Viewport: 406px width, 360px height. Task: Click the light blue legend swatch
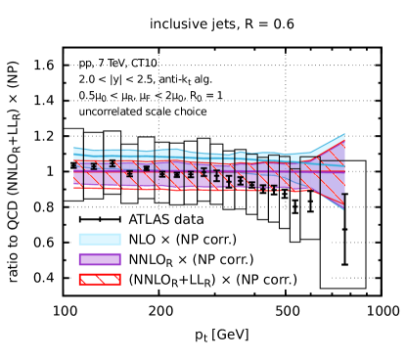coord(100,239)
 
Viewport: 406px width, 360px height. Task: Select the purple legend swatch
coord(100,259)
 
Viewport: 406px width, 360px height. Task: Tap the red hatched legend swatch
coord(100,279)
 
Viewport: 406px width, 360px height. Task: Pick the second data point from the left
coord(94,165)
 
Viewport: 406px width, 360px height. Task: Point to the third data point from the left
coord(112,162)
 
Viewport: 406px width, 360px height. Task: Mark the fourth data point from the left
coord(129,173)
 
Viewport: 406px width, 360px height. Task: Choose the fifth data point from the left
coord(147,168)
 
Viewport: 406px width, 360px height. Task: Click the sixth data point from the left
coord(162,174)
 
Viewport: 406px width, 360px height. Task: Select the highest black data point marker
coord(112,162)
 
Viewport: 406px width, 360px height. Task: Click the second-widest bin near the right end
coord(310,173)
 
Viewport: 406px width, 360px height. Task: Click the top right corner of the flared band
coord(344,134)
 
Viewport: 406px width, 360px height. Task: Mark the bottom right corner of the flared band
coord(344,209)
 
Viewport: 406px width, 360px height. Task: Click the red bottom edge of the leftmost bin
coord(78,187)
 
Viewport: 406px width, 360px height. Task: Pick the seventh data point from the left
coord(176,174)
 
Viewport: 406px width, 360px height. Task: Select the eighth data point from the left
coord(191,174)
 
